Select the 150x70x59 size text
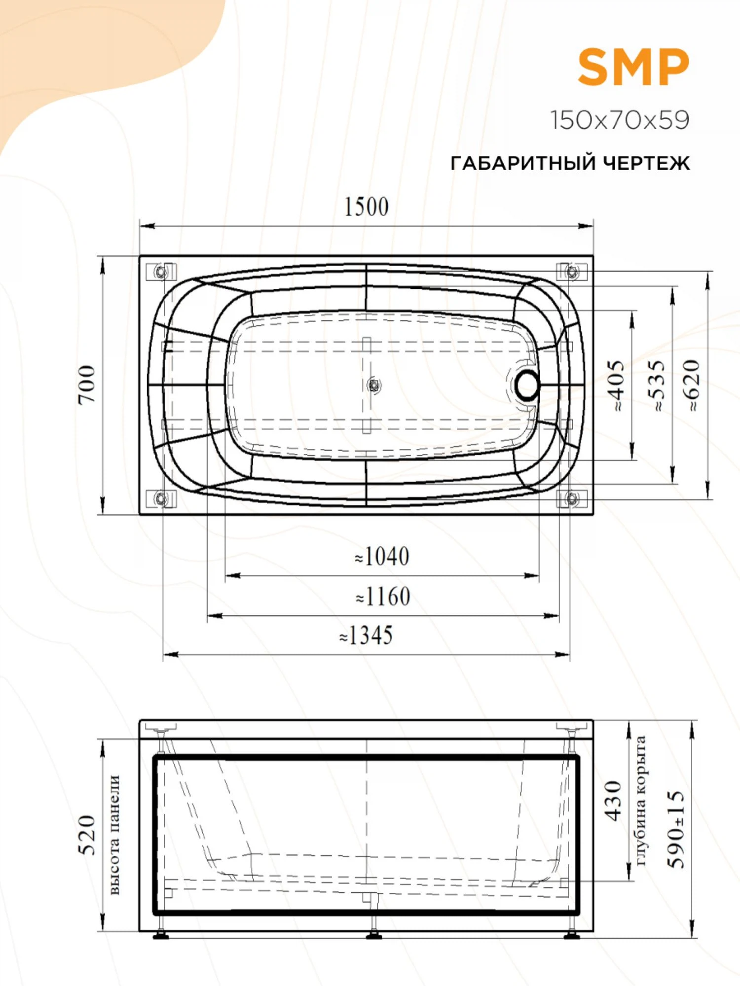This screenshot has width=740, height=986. click(x=620, y=120)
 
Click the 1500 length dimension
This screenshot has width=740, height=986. click(x=366, y=207)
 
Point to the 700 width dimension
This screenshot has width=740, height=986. click(x=87, y=385)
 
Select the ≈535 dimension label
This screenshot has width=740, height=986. click(x=658, y=386)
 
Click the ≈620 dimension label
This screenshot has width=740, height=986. click(x=693, y=386)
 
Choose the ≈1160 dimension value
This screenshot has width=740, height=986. click(x=383, y=597)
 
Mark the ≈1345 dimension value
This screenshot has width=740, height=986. click(x=366, y=636)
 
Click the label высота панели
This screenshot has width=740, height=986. click(x=114, y=835)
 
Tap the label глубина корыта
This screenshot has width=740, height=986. click(x=640, y=801)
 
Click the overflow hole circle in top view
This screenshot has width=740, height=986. click(x=527, y=385)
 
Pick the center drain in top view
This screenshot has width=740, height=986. click(x=373, y=385)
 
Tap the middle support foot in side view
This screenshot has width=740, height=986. click(x=373, y=933)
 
